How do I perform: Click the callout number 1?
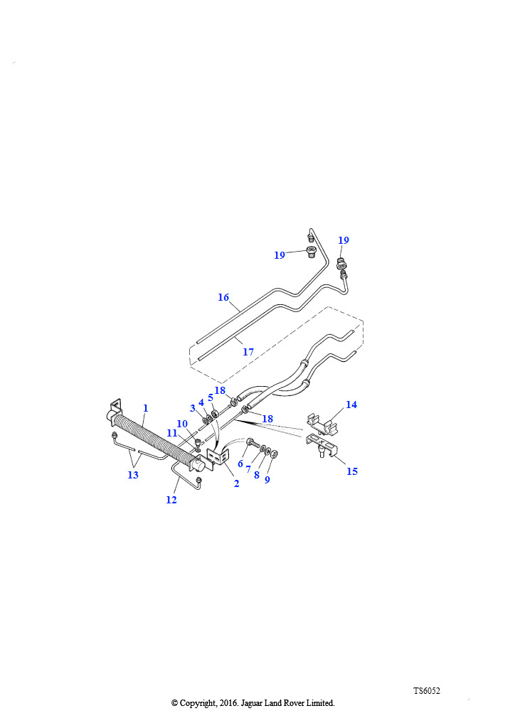pyautogui.click(x=146, y=408)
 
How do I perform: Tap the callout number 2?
pyautogui.click(x=237, y=483)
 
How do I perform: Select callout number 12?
pyautogui.click(x=171, y=500)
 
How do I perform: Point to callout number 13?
pyautogui.click(x=133, y=474)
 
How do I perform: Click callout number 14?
pyautogui.click(x=351, y=405)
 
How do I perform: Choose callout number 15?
pyautogui.click(x=352, y=471)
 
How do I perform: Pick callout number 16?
pyautogui.click(x=223, y=297)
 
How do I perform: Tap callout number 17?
pyautogui.click(x=248, y=352)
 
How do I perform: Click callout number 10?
pyautogui.click(x=182, y=424)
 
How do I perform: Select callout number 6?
pyautogui.click(x=240, y=464)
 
